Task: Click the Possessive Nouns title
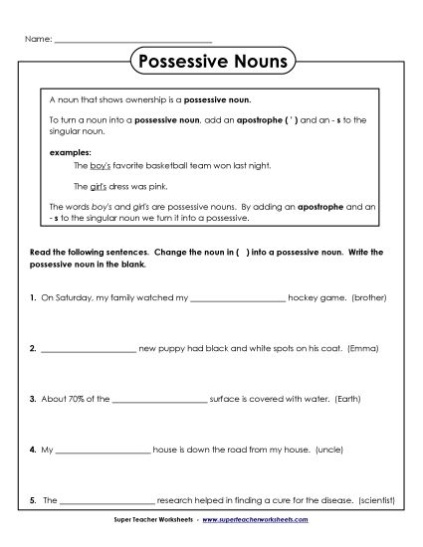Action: coord(210,62)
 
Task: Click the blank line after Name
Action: coord(131,42)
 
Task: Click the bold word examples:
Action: coord(69,152)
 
